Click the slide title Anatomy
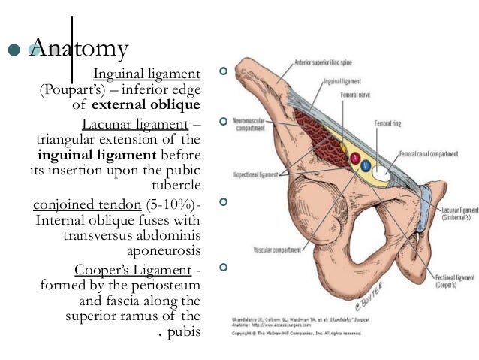coord(79,50)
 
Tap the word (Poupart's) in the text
coord(70,90)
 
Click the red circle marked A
coord(354,157)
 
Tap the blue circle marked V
coord(366,162)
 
